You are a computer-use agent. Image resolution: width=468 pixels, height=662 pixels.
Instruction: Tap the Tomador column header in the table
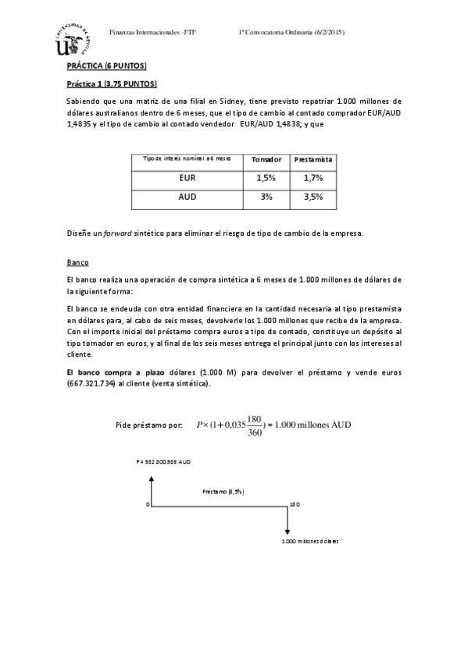pyautogui.click(x=266, y=159)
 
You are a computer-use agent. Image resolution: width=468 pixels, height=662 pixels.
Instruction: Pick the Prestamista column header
pyautogui.click(x=313, y=159)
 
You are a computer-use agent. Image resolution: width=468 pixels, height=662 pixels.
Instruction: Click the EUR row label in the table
pyautogui.click(x=187, y=178)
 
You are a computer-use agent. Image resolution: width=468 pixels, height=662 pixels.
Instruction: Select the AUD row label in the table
pyautogui.click(x=187, y=197)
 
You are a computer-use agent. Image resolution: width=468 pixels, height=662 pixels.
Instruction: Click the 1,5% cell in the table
pyautogui.click(x=266, y=178)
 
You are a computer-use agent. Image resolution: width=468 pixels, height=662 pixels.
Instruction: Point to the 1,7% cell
pyautogui.click(x=313, y=178)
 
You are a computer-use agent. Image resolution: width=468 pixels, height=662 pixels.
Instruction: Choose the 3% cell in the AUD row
pyautogui.click(x=266, y=197)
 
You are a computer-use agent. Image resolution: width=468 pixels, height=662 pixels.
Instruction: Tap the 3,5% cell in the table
pyautogui.click(x=313, y=197)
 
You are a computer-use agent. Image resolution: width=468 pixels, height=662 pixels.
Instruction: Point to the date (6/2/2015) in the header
pyautogui.click(x=328, y=32)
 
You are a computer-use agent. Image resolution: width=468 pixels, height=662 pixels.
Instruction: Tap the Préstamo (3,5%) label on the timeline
pyautogui.click(x=223, y=492)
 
